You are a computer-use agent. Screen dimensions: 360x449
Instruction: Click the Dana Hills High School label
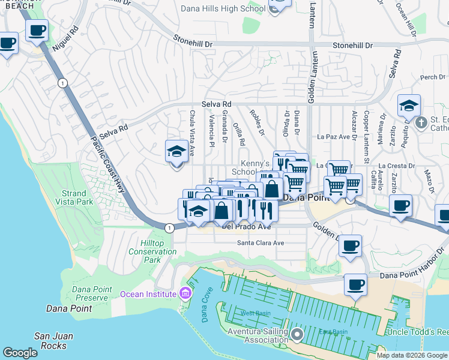pos(223,8)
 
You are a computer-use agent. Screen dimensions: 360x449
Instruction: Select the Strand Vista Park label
pos(77,198)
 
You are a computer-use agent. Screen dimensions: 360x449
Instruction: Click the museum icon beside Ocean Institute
pos(185,293)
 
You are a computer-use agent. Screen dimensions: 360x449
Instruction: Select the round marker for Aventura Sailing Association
pos(297,333)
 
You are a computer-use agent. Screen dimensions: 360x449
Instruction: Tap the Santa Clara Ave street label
pos(260,243)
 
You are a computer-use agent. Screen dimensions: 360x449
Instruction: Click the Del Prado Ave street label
pos(247,227)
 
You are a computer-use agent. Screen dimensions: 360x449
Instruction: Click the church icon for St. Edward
pos(421,122)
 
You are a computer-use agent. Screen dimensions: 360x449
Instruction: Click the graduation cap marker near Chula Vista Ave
pos(176,151)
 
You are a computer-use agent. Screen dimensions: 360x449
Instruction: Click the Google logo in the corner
pos(20,352)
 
